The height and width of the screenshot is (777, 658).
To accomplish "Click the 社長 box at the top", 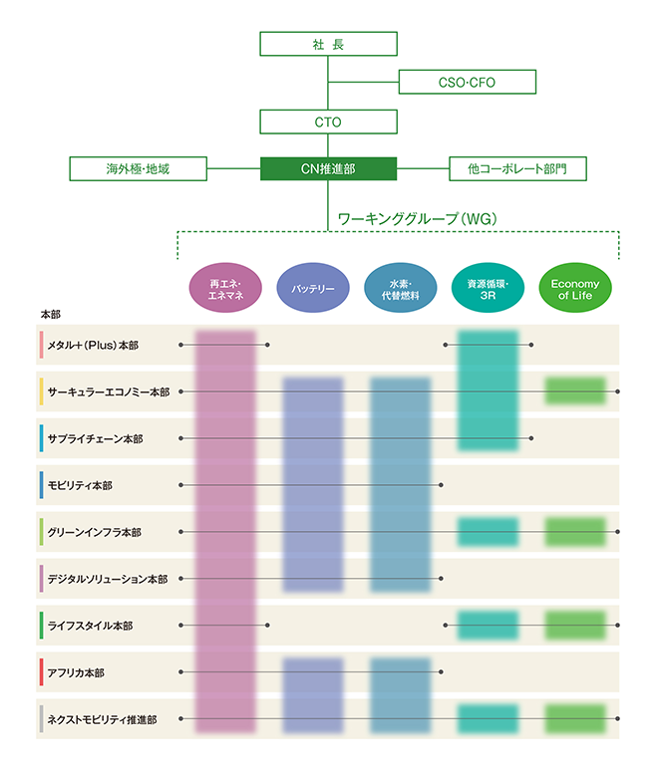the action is coord(328,44).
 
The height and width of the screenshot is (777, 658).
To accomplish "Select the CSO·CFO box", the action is coord(468,82).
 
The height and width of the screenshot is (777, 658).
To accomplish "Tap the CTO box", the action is coord(328,122).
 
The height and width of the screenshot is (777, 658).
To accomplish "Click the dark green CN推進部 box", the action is coord(328,169).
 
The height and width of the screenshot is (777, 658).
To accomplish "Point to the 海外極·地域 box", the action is coord(138,169).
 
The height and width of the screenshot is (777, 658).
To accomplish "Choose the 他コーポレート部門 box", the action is coord(517,169).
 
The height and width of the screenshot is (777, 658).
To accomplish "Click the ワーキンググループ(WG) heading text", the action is coord(417,218).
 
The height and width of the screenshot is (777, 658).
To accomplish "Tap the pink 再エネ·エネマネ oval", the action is coord(225,288).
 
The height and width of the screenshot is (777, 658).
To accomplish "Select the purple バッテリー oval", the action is coord(313,288).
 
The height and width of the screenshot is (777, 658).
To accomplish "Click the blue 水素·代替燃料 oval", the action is coord(400,288).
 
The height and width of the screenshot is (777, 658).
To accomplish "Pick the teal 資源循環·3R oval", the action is coord(488,288).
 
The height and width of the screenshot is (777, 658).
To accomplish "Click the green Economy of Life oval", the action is coord(575,288).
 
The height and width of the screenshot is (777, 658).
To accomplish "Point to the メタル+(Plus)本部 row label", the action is coord(93,345).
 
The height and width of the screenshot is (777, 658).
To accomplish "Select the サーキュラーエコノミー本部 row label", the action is coord(109,391).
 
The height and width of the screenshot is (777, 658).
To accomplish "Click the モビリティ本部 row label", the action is coord(80,486).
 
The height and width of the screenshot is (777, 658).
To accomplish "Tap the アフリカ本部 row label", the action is coord(76,672).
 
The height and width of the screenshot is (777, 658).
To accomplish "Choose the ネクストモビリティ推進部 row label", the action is coord(102,719).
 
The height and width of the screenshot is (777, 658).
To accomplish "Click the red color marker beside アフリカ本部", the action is coord(41,672).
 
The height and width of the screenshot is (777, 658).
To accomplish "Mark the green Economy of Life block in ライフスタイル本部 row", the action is coord(575,626).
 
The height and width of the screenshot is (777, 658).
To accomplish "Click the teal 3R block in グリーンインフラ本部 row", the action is coord(488,532).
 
